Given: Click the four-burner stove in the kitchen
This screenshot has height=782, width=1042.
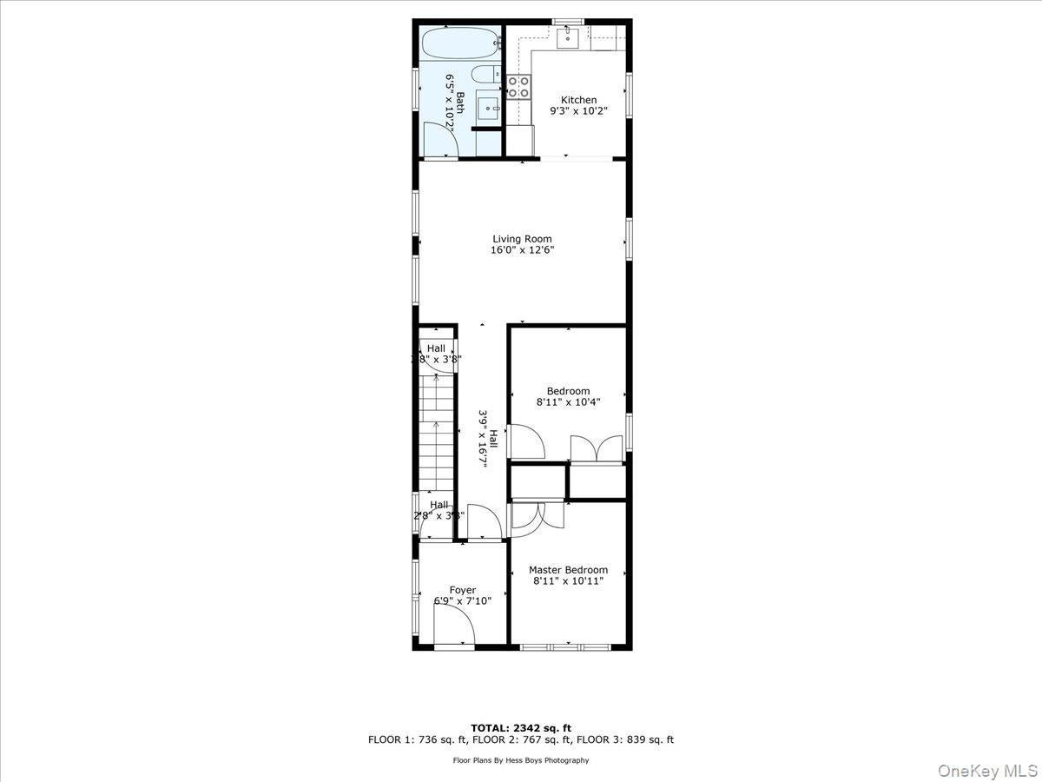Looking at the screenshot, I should (518, 86).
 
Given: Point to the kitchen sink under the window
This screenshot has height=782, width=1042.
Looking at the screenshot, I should (569, 36).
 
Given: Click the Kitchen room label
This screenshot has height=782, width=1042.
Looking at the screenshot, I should (578, 100).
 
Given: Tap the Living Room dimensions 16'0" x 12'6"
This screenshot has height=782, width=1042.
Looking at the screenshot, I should (522, 250).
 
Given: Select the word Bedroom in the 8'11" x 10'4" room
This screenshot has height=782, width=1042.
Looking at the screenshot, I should (568, 391).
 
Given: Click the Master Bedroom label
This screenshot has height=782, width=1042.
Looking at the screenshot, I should (568, 570).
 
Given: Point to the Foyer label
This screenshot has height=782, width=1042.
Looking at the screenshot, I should (462, 590).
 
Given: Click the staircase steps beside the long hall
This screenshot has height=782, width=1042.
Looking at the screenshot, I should (437, 430).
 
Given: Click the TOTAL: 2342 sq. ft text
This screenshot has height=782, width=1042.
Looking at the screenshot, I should (521, 727).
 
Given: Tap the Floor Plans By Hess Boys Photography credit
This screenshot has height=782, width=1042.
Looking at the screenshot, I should (521, 760).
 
